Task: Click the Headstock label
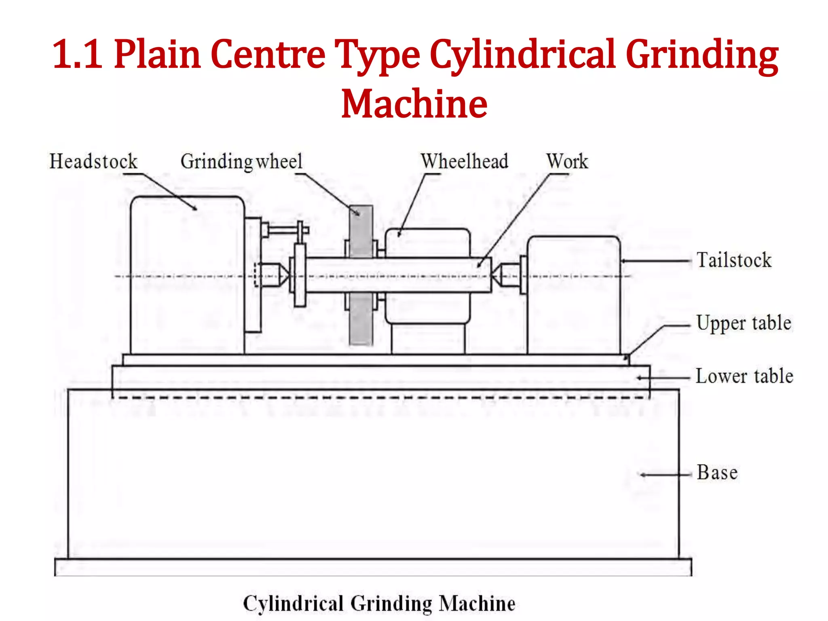[x=93, y=161]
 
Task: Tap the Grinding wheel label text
[x=241, y=162]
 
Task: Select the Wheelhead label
[x=465, y=161]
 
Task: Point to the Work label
[x=567, y=161]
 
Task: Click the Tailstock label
[x=734, y=260]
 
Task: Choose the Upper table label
[x=744, y=323]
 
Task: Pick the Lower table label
[x=744, y=376]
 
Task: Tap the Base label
[x=717, y=473]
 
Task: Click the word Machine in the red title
[x=414, y=104]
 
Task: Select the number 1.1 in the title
[x=77, y=55]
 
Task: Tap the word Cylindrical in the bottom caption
[x=293, y=604]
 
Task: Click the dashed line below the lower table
[x=380, y=398]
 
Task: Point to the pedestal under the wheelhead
[x=428, y=339]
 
